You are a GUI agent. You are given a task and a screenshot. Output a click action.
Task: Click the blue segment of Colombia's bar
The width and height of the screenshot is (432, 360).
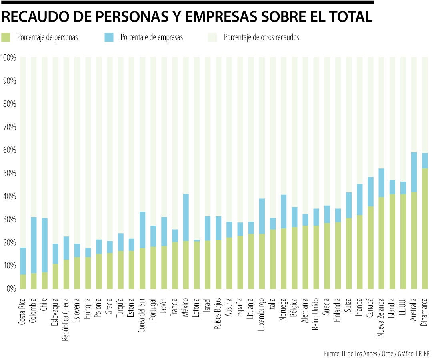[34, 245]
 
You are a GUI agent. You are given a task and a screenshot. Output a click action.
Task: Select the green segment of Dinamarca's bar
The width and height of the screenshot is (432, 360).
[425, 228]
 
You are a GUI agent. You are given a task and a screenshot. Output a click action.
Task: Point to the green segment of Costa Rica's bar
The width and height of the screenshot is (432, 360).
[23, 281]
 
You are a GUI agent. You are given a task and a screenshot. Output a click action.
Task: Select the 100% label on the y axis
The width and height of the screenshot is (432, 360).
[8, 58]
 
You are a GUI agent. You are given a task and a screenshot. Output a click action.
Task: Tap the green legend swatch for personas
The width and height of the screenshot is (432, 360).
[6, 37]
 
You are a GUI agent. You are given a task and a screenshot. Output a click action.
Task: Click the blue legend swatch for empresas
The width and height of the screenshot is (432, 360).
[109, 37]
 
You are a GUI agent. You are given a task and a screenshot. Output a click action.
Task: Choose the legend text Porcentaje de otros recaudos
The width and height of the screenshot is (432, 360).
[262, 37]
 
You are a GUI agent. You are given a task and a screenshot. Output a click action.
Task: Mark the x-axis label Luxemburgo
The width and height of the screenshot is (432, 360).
[262, 312]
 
